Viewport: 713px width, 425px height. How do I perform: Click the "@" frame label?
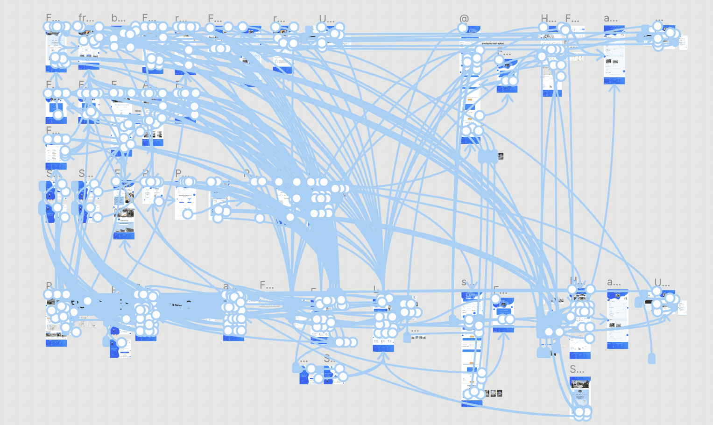464,19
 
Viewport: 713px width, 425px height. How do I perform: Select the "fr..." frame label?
85,18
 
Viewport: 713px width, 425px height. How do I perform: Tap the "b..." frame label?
118,18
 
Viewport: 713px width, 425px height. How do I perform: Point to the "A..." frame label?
147,85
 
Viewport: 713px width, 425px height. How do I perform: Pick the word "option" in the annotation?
500,43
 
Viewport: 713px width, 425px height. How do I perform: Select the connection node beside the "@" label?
462,28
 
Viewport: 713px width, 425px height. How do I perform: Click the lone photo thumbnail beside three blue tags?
501,156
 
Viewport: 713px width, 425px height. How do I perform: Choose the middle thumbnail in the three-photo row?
493,393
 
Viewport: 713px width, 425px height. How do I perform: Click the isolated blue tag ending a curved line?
651,359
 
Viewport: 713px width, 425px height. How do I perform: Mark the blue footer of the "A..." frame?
152,142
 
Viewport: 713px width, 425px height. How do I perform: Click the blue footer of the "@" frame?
470,141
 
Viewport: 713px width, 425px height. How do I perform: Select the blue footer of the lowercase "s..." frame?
471,403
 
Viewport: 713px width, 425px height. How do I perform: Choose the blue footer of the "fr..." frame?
89,67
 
